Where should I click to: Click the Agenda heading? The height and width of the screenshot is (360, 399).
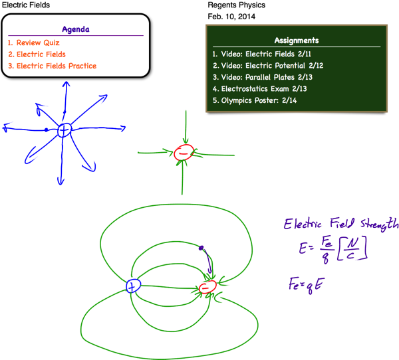pos(76,29)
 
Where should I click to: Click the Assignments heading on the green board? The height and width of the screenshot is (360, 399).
pos(297,41)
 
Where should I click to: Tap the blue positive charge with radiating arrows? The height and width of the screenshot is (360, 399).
pos(64,130)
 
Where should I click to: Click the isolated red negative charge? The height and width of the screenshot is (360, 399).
pos(184,153)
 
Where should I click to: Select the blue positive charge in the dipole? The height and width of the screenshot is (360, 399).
pos(134,286)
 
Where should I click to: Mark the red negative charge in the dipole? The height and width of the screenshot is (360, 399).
pos(208,288)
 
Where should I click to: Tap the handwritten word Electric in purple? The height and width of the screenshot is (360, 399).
pos(308,224)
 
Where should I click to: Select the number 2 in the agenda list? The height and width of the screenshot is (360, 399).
pos(10,54)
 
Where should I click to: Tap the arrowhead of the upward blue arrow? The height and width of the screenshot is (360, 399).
pos(66,84)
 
